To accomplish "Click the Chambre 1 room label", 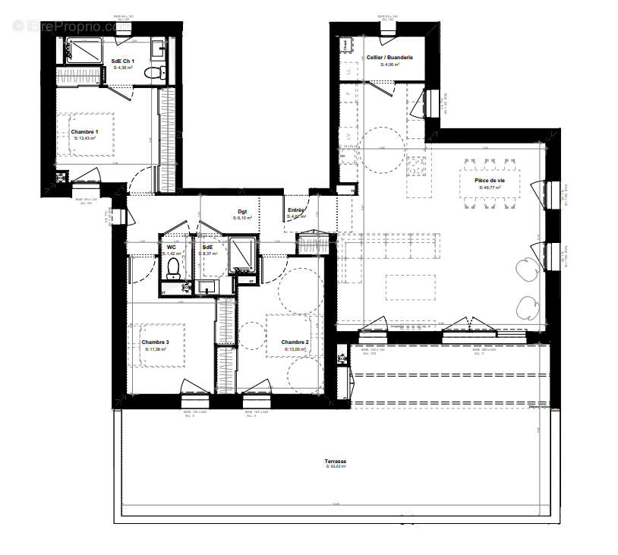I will pos(85,131).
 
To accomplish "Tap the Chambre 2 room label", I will pos(295,342).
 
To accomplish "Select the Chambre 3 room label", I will pos(155,342).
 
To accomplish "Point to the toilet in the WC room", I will pos(173,267).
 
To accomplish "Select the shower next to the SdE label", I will pos(242,255).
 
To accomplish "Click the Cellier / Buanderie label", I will pos(389,58).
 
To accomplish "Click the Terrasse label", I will pos(336,461).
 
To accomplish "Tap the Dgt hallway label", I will pos(242,212).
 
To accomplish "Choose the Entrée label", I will pos(296,210).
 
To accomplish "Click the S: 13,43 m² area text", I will pos(85,138).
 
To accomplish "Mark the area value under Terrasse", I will pos(336,467).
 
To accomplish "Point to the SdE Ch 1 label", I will pos(123,61).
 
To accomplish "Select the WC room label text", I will pos(172,247).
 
